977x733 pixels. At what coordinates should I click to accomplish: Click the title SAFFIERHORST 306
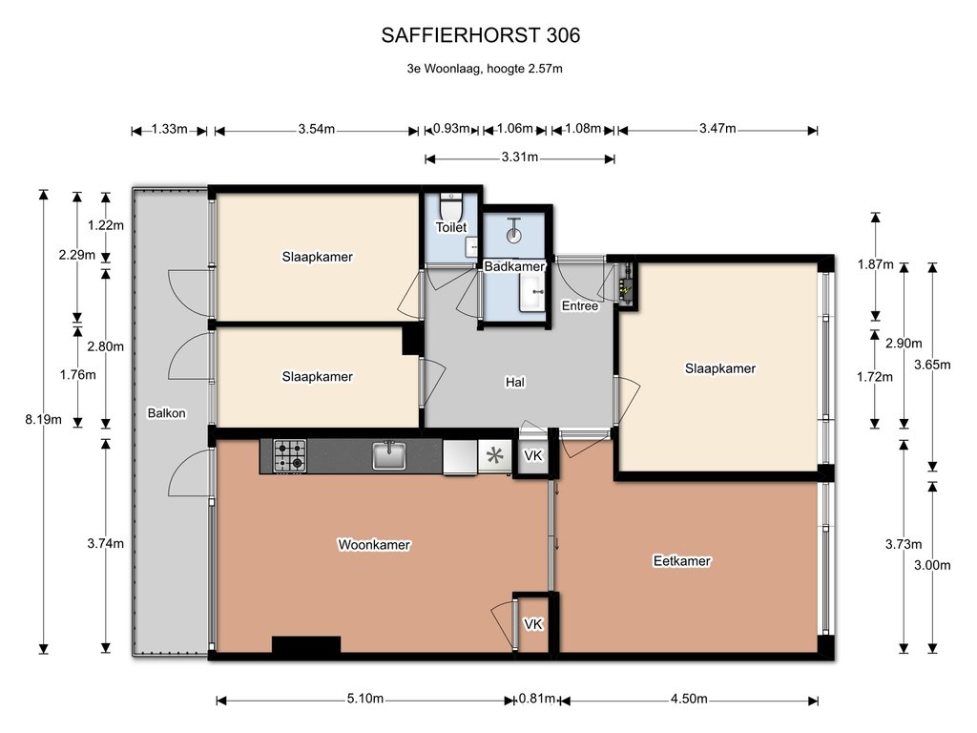point(481,35)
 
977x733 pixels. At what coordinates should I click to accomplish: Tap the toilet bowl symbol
point(451,204)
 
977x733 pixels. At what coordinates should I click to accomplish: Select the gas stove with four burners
point(290,455)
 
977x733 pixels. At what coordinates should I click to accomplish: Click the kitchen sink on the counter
point(389,455)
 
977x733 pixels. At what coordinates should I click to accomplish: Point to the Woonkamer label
point(374,545)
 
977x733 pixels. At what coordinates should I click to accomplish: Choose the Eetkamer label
point(681,561)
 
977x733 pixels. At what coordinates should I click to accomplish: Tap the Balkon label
point(166,412)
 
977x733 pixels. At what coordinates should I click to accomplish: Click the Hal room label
point(514,382)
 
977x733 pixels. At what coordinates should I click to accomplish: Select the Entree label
point(580,306)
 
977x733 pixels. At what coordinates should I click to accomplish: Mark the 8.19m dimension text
point(43,420)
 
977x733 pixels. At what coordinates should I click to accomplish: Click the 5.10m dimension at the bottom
point(365,699)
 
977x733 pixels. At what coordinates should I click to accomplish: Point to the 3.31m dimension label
point(520,157)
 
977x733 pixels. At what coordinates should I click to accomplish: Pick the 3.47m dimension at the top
point(717,129)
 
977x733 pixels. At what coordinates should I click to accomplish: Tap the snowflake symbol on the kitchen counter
point(495,455)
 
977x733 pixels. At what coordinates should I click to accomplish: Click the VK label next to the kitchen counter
point(533,455)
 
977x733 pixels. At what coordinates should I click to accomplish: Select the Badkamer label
point(514,267)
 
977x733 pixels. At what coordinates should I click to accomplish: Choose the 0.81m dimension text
point(536,699)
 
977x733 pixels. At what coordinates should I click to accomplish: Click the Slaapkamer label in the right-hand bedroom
point(720,368)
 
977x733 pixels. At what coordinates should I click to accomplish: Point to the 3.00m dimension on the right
point(932,565)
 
